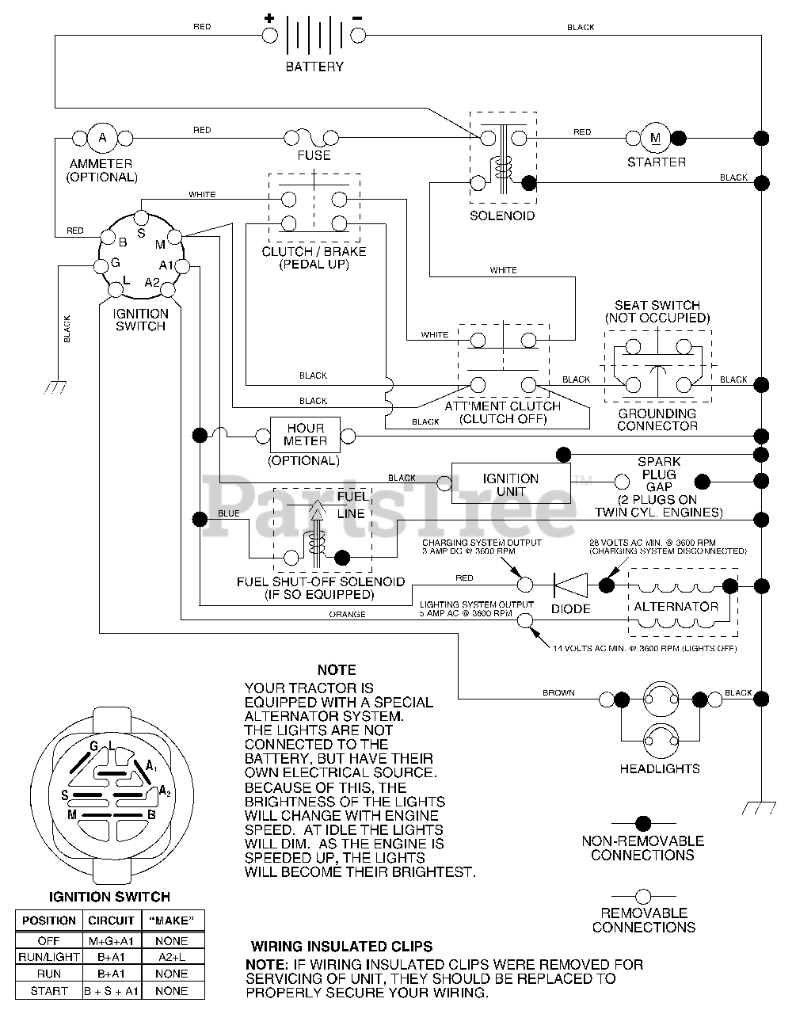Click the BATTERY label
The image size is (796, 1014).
[x=314, y=67]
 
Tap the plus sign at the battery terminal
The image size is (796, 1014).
[x=269, y=18]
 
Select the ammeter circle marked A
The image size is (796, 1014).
[x=103, y=138]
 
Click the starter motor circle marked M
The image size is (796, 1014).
[x=655, y=138]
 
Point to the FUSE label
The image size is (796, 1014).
[x=314, y=155]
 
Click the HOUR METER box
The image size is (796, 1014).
[x=305, y=435]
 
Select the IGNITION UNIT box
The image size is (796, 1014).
[x=511, y=483]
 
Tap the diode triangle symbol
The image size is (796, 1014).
[x=571, y=585]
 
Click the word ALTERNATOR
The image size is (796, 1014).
[x=676, y=607]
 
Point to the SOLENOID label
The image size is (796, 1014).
[x=502, y=216]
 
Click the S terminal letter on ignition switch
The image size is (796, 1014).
[x=141, y=233]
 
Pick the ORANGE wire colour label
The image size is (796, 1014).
[x=347, y=615]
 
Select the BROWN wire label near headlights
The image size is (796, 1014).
[x=558, y=693]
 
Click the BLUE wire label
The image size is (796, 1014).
[x=228, y=513]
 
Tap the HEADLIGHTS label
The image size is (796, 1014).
[x=659, y=769]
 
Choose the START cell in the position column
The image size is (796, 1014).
[x=49, y=991]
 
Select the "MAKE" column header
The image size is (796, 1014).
[x=172, y=921]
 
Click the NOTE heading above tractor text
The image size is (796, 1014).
[x=337, y=670]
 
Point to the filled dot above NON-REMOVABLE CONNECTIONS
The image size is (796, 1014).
[x=643, y=824]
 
